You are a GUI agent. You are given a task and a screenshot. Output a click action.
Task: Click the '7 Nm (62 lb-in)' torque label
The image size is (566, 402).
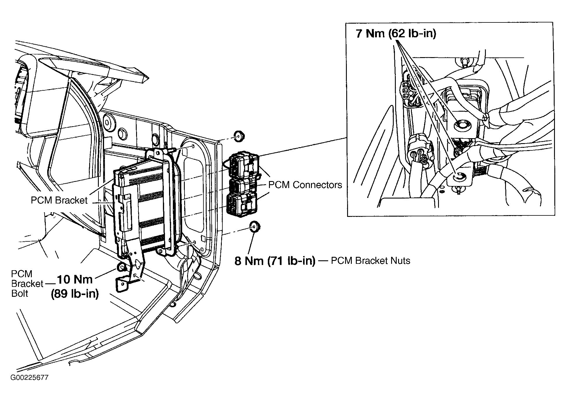tap(396, 34)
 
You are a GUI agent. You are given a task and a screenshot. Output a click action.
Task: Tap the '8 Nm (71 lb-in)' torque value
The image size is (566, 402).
tap(275, 261)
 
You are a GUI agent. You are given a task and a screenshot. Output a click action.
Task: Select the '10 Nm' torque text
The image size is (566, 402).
tap(75, 279)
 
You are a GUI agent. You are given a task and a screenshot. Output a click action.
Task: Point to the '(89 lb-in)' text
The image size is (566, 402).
tap(75, 294)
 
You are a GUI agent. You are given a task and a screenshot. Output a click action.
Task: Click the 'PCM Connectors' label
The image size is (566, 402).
tap(305, 185)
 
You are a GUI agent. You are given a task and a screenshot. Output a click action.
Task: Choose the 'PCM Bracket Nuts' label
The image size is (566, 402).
tap(370, 260)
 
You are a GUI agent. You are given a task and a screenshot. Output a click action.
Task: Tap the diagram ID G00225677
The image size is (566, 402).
tap(30, 378)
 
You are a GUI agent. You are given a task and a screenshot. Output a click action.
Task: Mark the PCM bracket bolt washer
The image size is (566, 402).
tap(121, 267)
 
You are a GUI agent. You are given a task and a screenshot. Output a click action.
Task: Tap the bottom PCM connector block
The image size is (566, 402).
tap(242, 205)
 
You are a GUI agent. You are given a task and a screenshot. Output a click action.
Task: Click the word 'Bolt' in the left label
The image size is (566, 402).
tap(20, 293)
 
